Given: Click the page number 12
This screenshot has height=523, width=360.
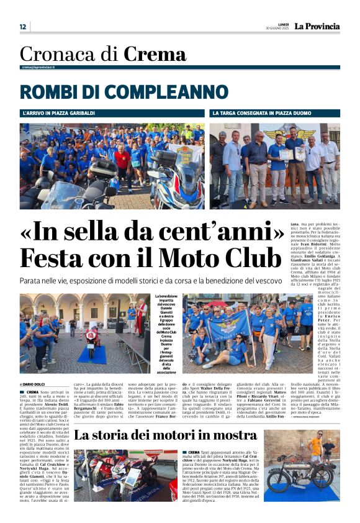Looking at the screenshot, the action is [x=22, y=27].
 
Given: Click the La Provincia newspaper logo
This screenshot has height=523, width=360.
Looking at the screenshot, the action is [x=317, y=26].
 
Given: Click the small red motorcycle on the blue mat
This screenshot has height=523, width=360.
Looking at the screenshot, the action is [x=91, y=341].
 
